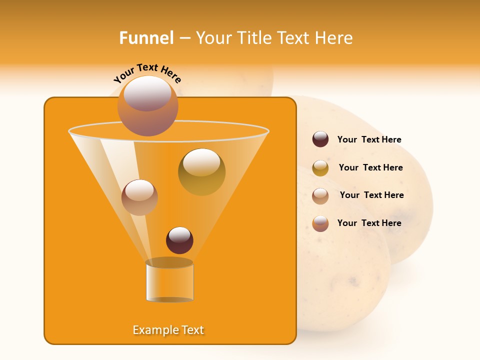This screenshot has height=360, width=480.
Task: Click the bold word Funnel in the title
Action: (x=146, y=38)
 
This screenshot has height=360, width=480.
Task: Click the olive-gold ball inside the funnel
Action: (x=201, y=172)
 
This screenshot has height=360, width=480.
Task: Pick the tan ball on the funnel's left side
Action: (x=139, y=197)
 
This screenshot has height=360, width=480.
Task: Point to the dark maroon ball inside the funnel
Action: (x=179, y=240)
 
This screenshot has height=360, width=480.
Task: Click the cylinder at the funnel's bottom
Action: (x=169, y=281)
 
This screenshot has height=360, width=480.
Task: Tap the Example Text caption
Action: (x=168, y=330)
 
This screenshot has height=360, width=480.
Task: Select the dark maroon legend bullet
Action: (x=320, y=139)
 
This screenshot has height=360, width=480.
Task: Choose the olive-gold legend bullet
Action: (x=320, y=168)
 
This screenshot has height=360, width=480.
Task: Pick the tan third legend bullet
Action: (x=320, y=196)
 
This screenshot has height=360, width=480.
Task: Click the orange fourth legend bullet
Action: (x=320, y=223)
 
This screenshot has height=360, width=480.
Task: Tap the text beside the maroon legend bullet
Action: (x=369, y=139)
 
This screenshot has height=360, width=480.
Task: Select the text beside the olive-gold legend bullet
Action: (x=370, y=167)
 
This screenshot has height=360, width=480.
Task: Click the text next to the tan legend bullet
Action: (x=371, y=195)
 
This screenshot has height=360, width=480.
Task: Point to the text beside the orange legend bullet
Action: (x=369, y=223)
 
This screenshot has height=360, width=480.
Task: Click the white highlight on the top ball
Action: (x=147, y=93)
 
